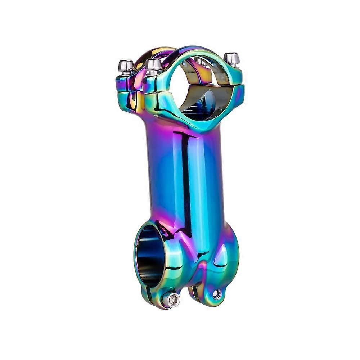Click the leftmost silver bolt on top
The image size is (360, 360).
pyautogui.click(x=126, y=67)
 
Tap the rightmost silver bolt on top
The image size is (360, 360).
pyautogui.click(x=231, y=59)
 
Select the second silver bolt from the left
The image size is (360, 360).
pyautogui.click(x=154, y=66)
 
